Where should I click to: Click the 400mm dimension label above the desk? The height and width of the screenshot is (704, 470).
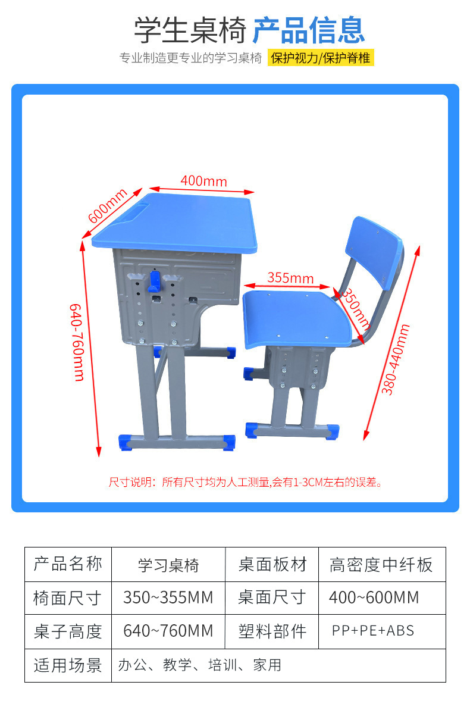[204, 180]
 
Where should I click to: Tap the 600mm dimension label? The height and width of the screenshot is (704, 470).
[108, 206]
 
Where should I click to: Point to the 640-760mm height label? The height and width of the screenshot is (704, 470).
[78, 342]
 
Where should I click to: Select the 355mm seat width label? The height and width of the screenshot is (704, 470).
[290, 277]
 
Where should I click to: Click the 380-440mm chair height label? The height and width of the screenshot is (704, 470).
[396, 359]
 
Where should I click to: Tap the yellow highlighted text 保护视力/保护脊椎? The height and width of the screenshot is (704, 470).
[321, 58]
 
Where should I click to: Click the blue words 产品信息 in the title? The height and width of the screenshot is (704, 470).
[308, 30]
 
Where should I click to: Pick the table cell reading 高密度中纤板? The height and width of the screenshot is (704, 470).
[381, 565]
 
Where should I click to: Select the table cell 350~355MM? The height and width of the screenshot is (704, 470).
[168, 597]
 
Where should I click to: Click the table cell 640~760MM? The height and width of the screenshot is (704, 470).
[168, 631]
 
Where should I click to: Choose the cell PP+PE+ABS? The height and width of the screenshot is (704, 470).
[373, 631]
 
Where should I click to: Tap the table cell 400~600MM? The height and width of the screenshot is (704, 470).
[374, 597]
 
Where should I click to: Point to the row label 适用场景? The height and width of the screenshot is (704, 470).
[68, 665]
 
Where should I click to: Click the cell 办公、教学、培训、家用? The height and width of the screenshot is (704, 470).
[199, 665]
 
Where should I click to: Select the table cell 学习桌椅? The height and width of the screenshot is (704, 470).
[168, 565]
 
